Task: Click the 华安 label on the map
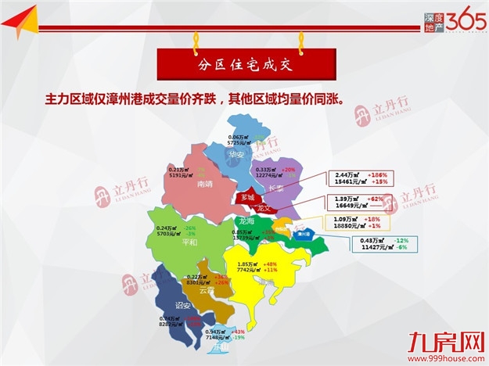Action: click(x=236, y=154)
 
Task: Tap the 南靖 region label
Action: click(x=205, y=185)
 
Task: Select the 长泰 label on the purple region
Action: click(x=275, y=188)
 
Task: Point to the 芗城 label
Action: click(x=248, y=198)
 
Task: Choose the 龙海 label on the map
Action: click(x=246, y=221)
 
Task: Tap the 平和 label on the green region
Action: click(x=189, y=242)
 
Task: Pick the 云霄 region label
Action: click(x=207, y=290)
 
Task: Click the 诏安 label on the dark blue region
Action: click(x=183, y=305)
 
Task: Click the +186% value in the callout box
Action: click(x=377, y=174)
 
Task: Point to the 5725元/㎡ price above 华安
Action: click(x=242, y=143)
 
